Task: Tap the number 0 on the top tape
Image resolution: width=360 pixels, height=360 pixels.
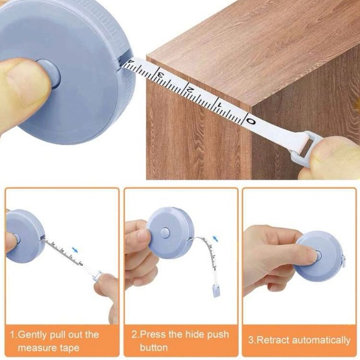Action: [x=250, y=119]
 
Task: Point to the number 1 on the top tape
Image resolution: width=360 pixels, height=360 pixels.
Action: [x=219, y=106]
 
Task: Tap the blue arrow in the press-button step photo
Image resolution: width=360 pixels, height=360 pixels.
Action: [x=215, y=238]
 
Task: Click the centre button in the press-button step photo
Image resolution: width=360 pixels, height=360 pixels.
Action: [x=164, y=232]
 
